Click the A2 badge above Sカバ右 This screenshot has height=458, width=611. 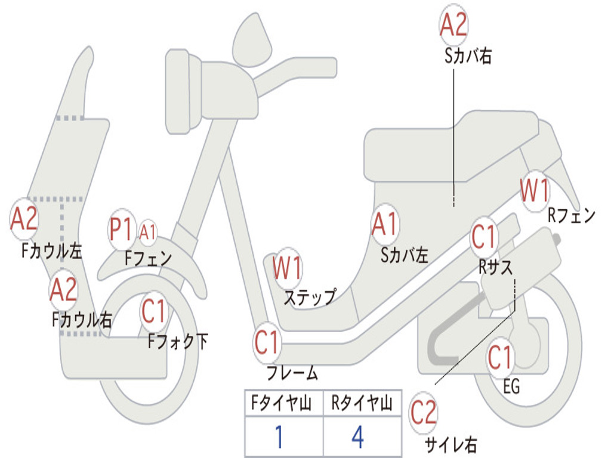pyautogui.click(x=453, y=24)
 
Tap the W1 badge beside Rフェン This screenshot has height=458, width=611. pyautogui.click(x=535, y=191)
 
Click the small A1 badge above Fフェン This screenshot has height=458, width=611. pyautogui.click(x=148, y=233)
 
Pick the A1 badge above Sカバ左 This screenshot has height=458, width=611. pyautogui.click(x=385, y=224)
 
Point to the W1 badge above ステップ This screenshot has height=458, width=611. pyautogui.click(x=288, y=268)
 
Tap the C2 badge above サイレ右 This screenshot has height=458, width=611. pyautogui.click(x=423, y=413)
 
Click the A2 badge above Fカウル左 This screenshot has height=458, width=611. pyautogui.click(x=24, y=219)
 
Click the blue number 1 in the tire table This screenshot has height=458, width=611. pyautogui.click(x=279, y=437)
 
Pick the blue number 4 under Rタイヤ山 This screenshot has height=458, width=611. pyautogui.click(x=358, y=437)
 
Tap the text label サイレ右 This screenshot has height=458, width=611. pyautogui.click(x=451, y=444)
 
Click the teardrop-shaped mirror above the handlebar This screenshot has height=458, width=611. pyautogui.click(x=252, y=40)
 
